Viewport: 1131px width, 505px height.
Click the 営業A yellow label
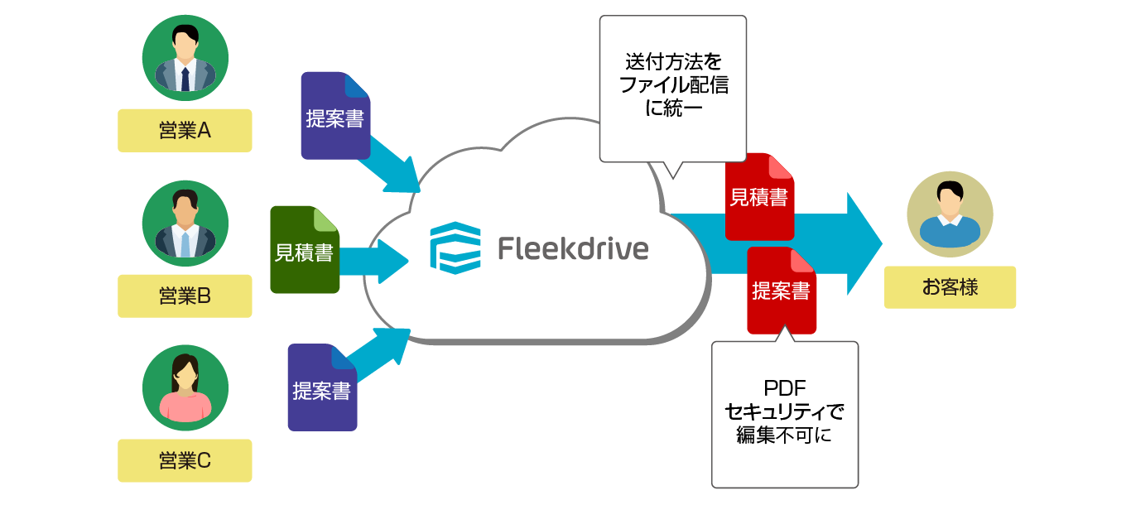click(185, 130)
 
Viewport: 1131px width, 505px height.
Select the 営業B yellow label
click(185, 296)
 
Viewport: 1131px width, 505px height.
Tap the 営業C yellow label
click(185, 460)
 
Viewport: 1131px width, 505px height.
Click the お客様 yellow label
click(950, 287)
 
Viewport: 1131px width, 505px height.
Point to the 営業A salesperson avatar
click(185, 57)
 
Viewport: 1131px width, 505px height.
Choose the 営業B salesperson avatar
click(185, 223)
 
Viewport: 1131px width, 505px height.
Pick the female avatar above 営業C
click(185, 387)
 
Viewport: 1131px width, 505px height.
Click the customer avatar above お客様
click(950, 214)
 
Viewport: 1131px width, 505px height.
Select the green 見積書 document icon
click(304, 250)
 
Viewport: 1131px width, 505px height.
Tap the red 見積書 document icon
click(759, 197)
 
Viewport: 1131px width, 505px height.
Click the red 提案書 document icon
click(781, 291)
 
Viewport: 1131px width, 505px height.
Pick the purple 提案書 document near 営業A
click(334, 116)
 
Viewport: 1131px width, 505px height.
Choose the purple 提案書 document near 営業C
click(322, 387)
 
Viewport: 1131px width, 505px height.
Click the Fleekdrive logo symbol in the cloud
click(455, 248)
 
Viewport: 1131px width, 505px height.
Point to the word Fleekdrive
click(573, 248)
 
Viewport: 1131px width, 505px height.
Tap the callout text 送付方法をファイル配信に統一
click(673, 85)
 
